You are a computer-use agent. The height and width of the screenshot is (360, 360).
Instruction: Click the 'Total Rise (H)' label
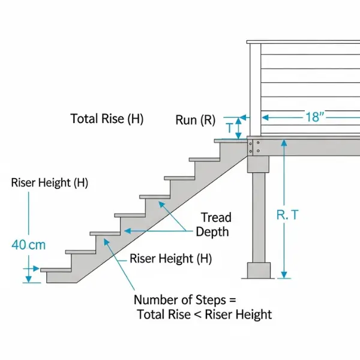click(x=107, y=119)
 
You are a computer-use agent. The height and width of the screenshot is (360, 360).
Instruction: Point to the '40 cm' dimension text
click(x=28, y=245)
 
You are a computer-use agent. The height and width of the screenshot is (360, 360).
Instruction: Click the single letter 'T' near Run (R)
click(x=229, y=128)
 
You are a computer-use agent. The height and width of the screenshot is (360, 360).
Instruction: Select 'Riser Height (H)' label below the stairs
click(x=170, y=259)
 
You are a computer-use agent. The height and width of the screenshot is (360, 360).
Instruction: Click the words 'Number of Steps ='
click(x=185, y=300)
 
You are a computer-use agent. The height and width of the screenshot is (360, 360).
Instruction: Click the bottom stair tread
click(x=59, y=270)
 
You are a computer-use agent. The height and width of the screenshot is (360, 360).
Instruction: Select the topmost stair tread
click(x=230, y=140)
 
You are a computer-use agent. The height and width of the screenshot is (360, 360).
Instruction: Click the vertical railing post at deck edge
click(x=254, y=90)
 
